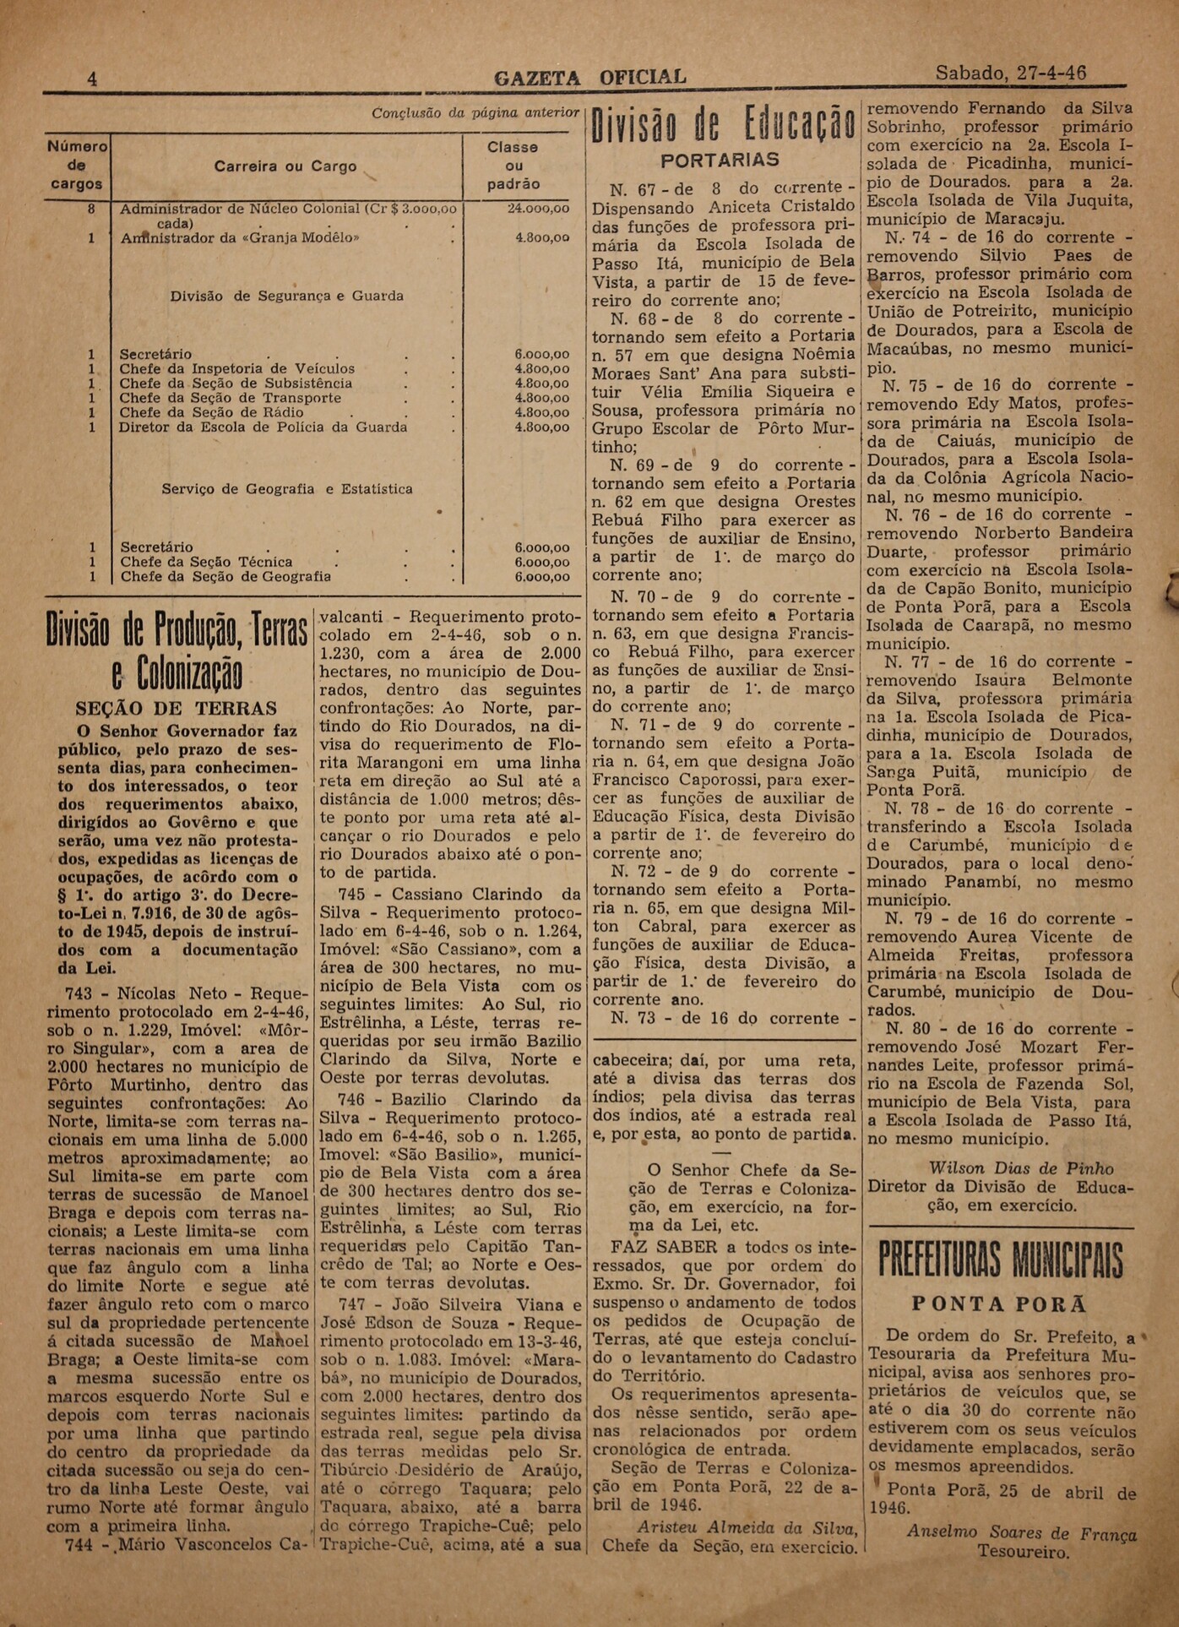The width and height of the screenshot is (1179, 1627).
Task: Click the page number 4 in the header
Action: [92, 79]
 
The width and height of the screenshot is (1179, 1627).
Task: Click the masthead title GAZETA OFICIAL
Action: [589, 78]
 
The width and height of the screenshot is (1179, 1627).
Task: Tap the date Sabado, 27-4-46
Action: [1010, 73]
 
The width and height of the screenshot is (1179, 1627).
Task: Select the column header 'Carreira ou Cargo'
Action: [285, 166]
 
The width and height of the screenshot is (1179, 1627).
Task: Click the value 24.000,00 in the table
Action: [538, 208]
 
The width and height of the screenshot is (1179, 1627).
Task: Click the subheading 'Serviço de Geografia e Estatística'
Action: [287, 489]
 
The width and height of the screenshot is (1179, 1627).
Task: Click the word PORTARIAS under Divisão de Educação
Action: [720, 161]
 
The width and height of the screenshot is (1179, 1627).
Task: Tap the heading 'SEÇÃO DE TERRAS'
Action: [177, 709]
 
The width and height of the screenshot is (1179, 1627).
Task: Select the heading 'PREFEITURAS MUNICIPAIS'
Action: [1000, 1260]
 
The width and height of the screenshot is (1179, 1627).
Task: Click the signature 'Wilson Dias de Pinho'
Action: [1021, 1168]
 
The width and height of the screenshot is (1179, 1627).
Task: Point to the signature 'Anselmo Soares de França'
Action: [1021, 1533]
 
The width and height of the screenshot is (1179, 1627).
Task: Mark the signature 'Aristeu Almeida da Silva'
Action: [747, 1527]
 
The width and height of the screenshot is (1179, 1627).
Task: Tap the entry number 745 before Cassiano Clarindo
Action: [350, 894]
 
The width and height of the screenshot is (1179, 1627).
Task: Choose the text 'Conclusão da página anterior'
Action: [475, 112]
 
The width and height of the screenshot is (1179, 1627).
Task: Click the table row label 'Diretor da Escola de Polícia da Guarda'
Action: [263, 427]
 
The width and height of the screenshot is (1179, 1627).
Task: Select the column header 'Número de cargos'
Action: [77, 165]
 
